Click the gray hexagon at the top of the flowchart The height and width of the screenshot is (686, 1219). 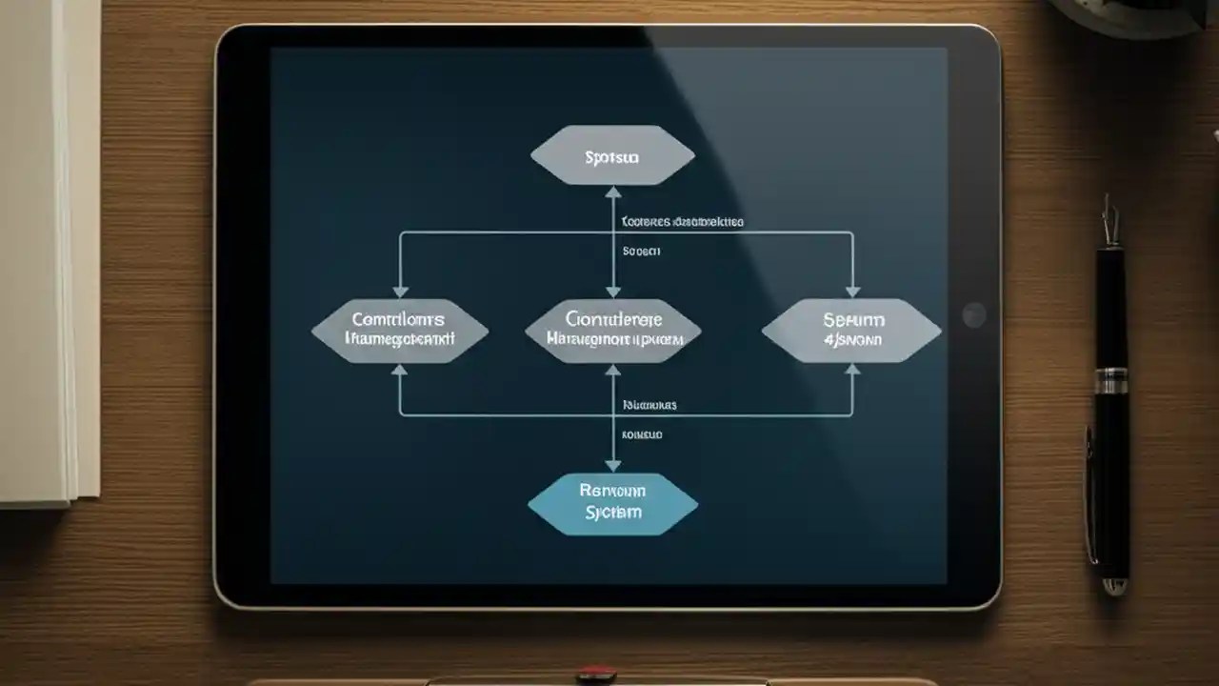pyautogui.click(x=612, y=155)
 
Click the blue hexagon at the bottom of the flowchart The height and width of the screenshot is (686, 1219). pyautogui.click(x=612, y=503)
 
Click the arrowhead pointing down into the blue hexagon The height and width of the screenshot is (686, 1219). pyautogui.click(x=613, y=465)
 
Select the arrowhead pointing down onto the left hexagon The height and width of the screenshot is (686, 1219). pyautogui.click(x=400, y=291)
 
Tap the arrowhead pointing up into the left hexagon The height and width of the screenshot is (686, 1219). pyautogui.click(x=400, y=370)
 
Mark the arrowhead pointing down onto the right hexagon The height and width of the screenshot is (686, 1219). pyautogui.click(x=852, y=291)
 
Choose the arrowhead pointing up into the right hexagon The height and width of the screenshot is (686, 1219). pyautogui.click(x=852, y=370)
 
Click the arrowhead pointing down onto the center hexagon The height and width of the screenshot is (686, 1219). pyautogui.click(x=613, y=291)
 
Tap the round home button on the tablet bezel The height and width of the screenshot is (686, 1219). pyautogui.click(x=973, y=315)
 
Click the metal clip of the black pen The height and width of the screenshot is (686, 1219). pyautogui.click(x=1108, y=224)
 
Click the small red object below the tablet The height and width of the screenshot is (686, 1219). pyautogui.click(x=596, y=675)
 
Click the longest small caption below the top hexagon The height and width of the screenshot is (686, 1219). pyautogui.click(x=682, y=222)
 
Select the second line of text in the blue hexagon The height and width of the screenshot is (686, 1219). pyautogui.click(x=612, y=513)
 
